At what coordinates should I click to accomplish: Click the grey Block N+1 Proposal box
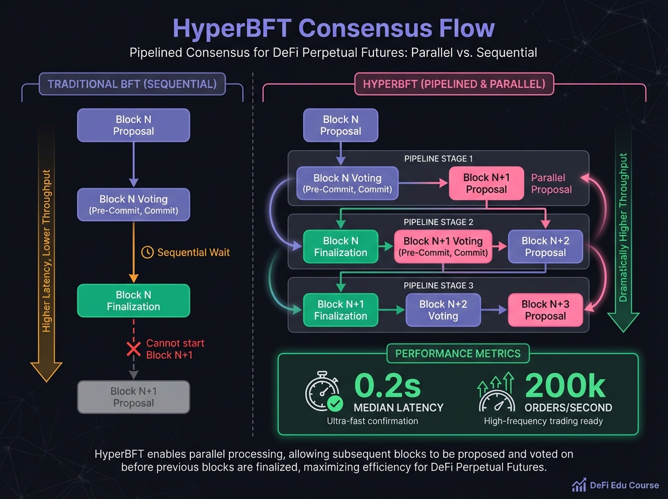133,397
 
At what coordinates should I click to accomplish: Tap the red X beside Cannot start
134,349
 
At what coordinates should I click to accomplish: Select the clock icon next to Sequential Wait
148,252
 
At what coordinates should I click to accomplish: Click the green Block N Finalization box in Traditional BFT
133,301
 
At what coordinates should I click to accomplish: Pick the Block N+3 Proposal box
545,310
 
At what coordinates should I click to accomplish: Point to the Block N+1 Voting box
443,247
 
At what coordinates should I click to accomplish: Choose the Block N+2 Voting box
443,310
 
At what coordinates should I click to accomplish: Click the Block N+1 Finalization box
341,310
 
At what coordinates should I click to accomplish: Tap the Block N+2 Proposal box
545,247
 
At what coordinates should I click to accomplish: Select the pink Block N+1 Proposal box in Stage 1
487,183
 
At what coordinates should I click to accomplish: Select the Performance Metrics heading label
458,353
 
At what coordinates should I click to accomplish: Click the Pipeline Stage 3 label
438,286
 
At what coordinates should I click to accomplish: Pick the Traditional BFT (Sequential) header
132,85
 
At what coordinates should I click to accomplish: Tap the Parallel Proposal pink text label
551,183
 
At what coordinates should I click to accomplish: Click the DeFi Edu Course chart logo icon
579,485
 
